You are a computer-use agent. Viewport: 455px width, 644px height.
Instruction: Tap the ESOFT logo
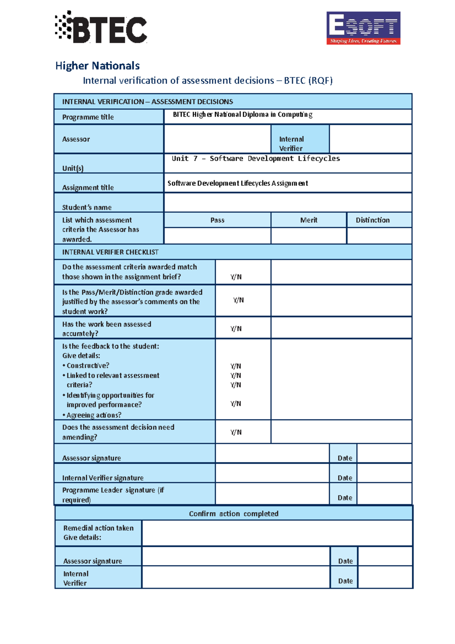363,28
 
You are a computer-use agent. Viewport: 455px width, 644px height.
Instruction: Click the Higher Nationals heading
97,66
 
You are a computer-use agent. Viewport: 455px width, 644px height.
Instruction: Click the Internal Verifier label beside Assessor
291,143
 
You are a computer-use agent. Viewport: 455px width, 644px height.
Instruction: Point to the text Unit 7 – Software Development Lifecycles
256,159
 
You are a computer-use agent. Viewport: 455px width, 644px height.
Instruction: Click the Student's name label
87,207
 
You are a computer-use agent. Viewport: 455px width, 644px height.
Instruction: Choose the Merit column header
309,220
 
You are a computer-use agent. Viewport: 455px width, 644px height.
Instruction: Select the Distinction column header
372,220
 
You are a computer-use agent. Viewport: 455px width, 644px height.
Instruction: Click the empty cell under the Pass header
217,236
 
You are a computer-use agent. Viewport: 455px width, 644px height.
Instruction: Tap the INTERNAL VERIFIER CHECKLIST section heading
110,252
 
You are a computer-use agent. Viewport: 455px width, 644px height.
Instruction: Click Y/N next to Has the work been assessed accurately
236,328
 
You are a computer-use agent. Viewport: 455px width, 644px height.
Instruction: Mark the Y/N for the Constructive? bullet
236,366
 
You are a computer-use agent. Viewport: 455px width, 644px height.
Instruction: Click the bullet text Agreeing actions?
94,415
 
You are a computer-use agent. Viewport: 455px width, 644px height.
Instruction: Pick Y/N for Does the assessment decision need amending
236,432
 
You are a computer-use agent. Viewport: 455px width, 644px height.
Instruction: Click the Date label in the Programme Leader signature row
345,498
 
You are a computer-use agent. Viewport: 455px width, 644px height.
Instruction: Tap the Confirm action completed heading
234,514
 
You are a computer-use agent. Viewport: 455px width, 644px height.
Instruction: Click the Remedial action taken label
98,528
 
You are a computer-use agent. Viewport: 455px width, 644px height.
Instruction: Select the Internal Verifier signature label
103,478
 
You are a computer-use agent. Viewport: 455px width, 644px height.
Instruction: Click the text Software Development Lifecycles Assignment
238,183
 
